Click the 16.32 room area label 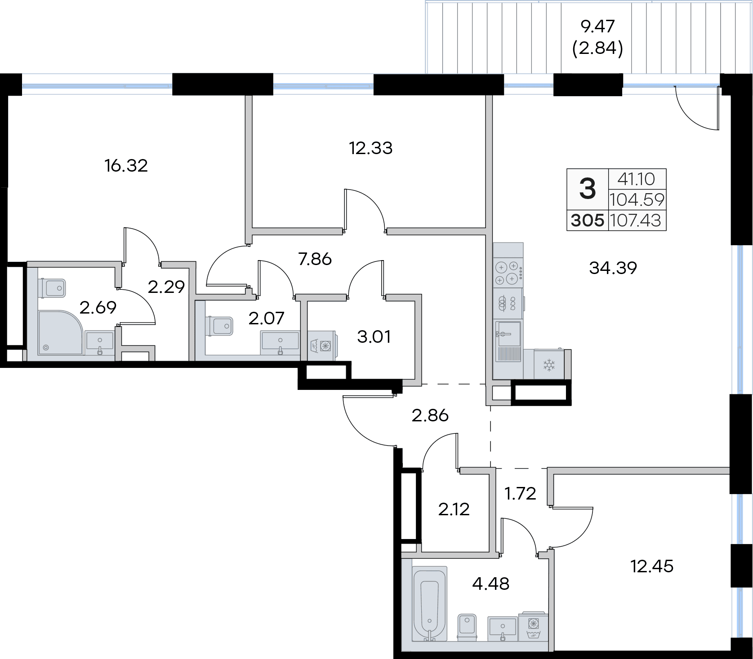point(126,166)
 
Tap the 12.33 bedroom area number point(371,148)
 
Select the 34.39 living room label point(613,268)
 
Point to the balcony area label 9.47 point(597,27)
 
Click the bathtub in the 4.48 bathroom point(430,603)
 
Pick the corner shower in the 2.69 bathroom point(61,332)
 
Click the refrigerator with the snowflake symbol point(549,364)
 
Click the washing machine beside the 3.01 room point(322,345)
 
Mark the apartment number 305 point(588,221)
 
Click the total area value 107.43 point(636,221)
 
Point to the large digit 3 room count point(588,189)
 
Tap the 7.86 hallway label point(315,259)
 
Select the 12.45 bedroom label point(652,566)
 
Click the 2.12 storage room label point(454,509)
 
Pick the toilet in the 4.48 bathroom point(467,626)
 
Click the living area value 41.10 point(636,179)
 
